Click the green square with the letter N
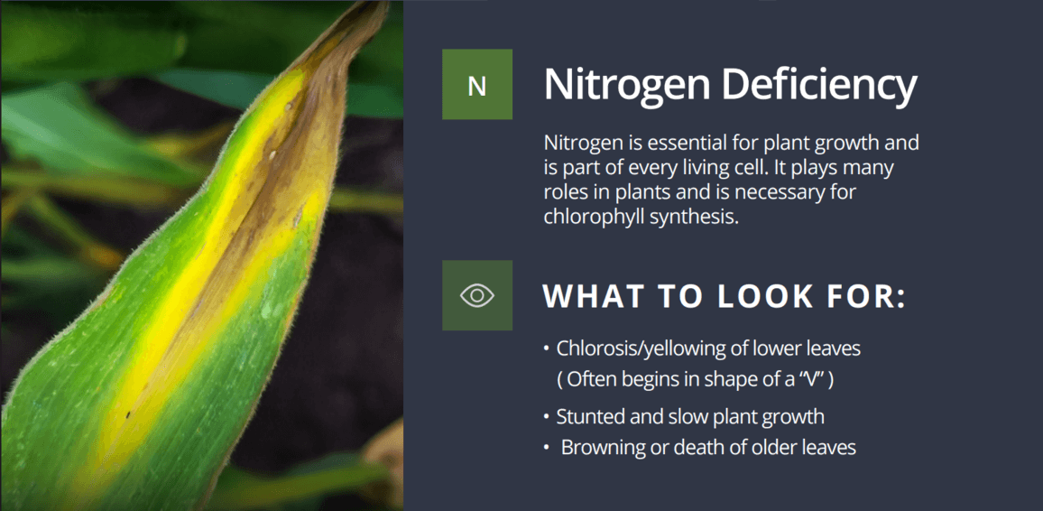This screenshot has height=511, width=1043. [477, 85]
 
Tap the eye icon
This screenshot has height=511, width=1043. [477, 295]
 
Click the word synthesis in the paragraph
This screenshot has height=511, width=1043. [696, 218]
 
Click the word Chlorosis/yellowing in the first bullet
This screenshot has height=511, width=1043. [649, 348]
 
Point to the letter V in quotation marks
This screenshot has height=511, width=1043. [811, 379]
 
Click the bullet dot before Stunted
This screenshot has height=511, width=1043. [546, 417]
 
